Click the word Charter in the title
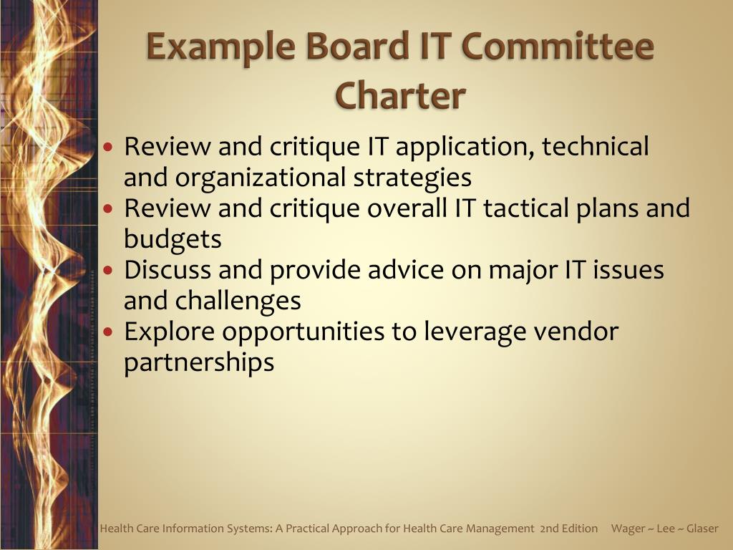(400, 95)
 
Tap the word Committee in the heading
(558, 46)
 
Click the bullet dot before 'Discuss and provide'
(109, 270)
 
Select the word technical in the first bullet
(595, 146)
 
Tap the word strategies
(412, 178)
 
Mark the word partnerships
(199, 363)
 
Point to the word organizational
(261, 178)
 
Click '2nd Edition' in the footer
(568, 529)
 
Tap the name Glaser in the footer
(702, 529)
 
